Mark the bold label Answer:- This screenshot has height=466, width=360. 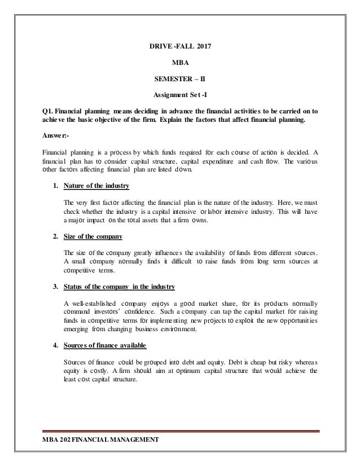pyautogui.click(x=51, y=136)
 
